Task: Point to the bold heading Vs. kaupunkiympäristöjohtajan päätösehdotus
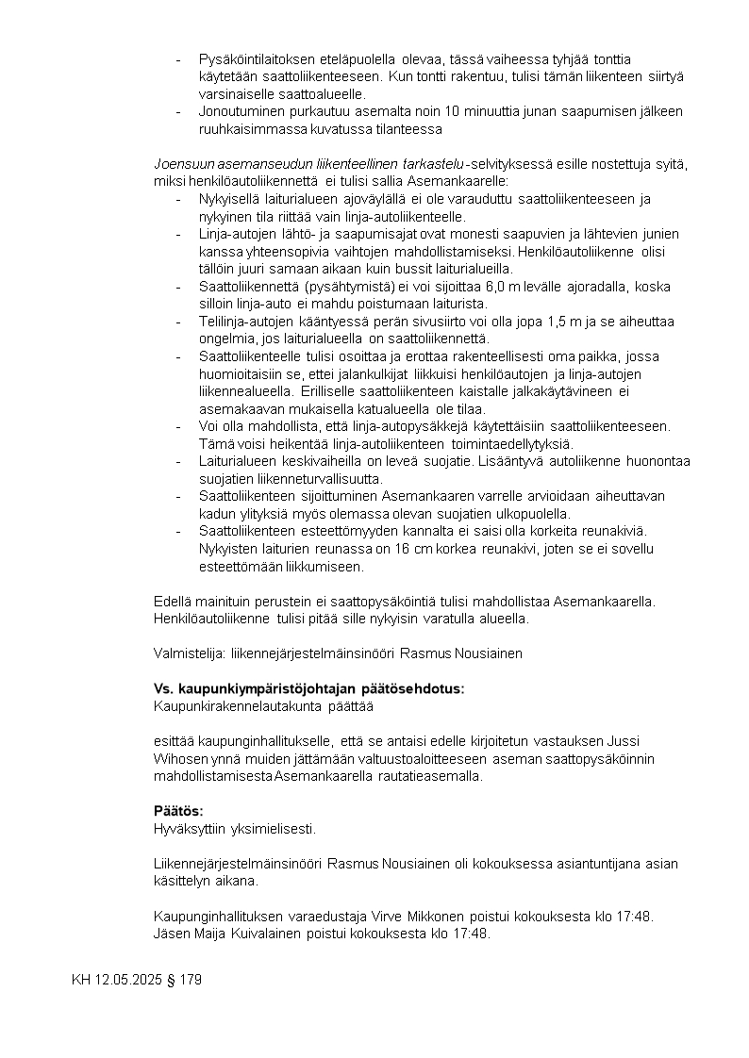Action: click(x=309, y=688)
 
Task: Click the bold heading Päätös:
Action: click(x=178, y=811)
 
